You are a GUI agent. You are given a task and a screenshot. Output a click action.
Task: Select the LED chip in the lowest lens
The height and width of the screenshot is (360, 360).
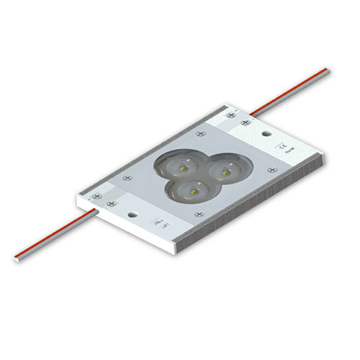click(x=192, y=191)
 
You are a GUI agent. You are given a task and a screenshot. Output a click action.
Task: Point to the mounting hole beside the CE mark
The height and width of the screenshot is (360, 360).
click(x=266, y=134)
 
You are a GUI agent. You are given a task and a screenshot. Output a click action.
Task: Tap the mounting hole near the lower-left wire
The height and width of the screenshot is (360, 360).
click(x=132, y=215)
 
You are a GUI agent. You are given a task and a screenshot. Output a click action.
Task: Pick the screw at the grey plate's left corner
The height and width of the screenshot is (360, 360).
click(x=127, y=175)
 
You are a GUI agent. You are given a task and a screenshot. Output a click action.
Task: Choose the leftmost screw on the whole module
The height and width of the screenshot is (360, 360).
click(x=94, y=192)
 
